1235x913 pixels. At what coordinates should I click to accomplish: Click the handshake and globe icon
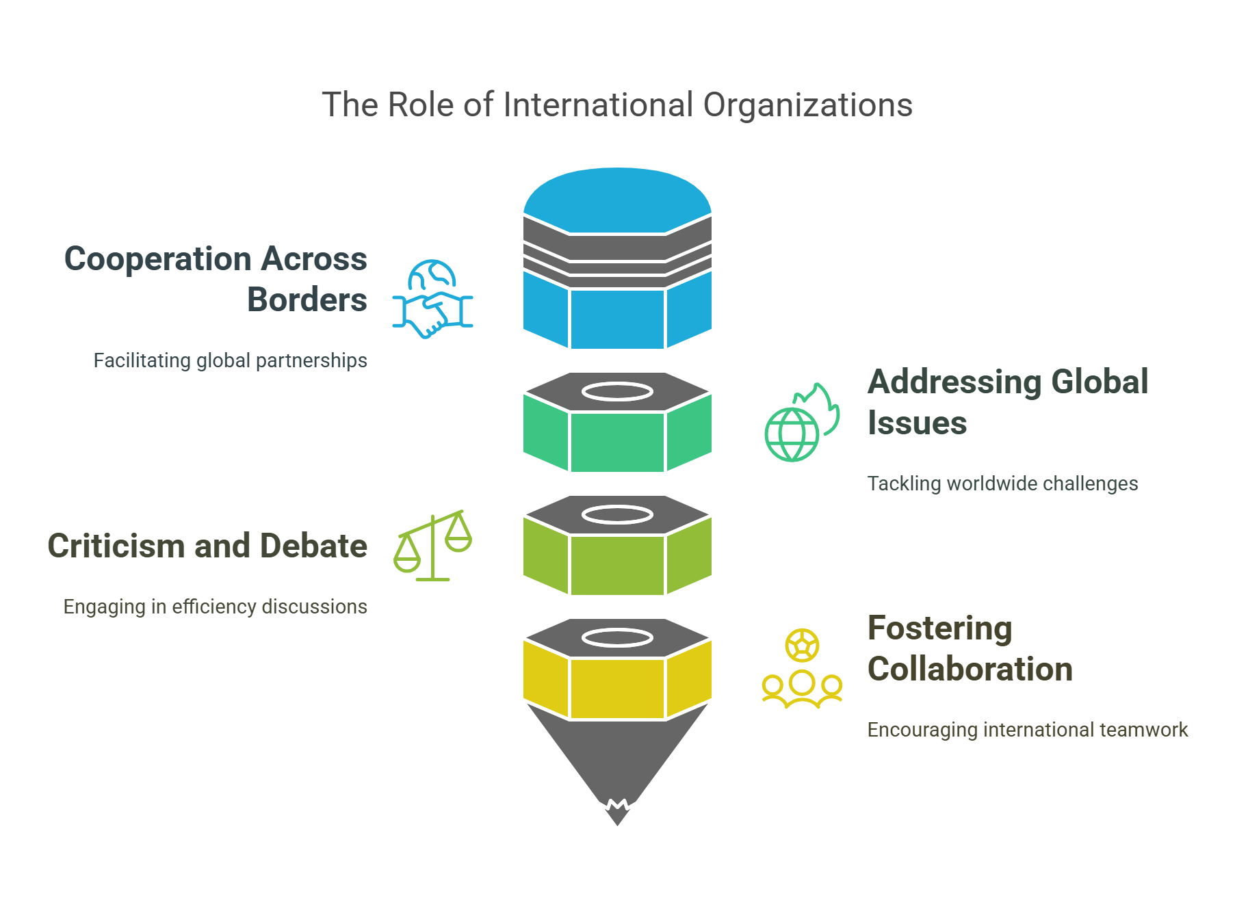pyautogui.click(x=432, y=300)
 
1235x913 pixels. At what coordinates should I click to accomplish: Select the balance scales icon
pyautogui.click(x=432, y=546)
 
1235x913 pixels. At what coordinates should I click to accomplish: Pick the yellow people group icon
pyautogui.click(x=802, y=669)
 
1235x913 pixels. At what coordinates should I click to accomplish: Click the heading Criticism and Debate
pyautogui.click(x=207, y=546)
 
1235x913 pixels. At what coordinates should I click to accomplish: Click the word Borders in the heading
pyautogui.click(x=307, y=300)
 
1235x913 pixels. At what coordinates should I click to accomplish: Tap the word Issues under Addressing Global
pyautogui.click(x=917, y=423)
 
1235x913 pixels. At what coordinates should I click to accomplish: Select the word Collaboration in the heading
pyautogui.click(x=970, y=669)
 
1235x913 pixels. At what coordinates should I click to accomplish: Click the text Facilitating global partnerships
pyautogui.click(x=230, y=360)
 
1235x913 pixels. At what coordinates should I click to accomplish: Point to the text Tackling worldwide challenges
pyautogui.click(x=1002, y=484)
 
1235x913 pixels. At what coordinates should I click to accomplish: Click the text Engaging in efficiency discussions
pyautogui.click(x=215, y=607)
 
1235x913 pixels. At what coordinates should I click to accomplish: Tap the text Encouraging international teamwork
pyautogui.click(x=1027, y=730)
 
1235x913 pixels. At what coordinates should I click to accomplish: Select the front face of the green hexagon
pyautogui.click(x=617, y=442)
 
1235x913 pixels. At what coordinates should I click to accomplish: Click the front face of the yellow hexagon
pyautogui.click(x=617, y=688)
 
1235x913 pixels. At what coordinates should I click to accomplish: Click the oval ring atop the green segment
pyautogui.click(x=617, y=392)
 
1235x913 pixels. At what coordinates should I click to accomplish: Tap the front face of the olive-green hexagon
pyautogui.click(x=617, y=565)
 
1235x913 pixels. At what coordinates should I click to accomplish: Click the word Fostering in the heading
pyautogui.click(x=939, y=628)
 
